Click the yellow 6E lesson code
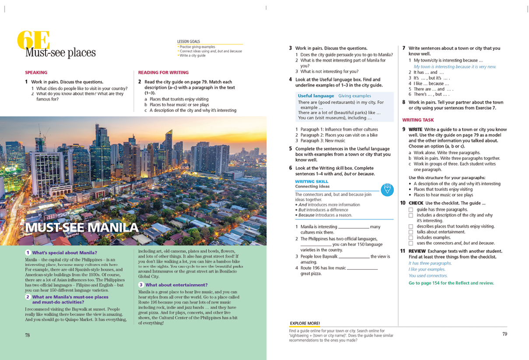(x=32, y=41)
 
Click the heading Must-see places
(x=60, y=53)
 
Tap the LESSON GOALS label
(x=188, y=42)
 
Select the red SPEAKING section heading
(x=36, y=72)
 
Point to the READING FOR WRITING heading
(x=163, y=72)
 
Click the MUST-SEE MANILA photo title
(x=82, y=228)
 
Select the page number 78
(x=27, y=335)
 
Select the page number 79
(x=504, y=334)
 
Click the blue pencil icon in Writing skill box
(x=387, y=190)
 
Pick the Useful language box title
(x=315, y=95)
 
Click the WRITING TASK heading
(x=418, y=120)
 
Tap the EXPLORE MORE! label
(x=305, y=323)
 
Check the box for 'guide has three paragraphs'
(x=411, y=210)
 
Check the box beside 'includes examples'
(x=411, y=237)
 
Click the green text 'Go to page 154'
(x=451, y=283)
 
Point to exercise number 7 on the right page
(x=403, y=48)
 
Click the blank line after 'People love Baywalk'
(x=354, y=257)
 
